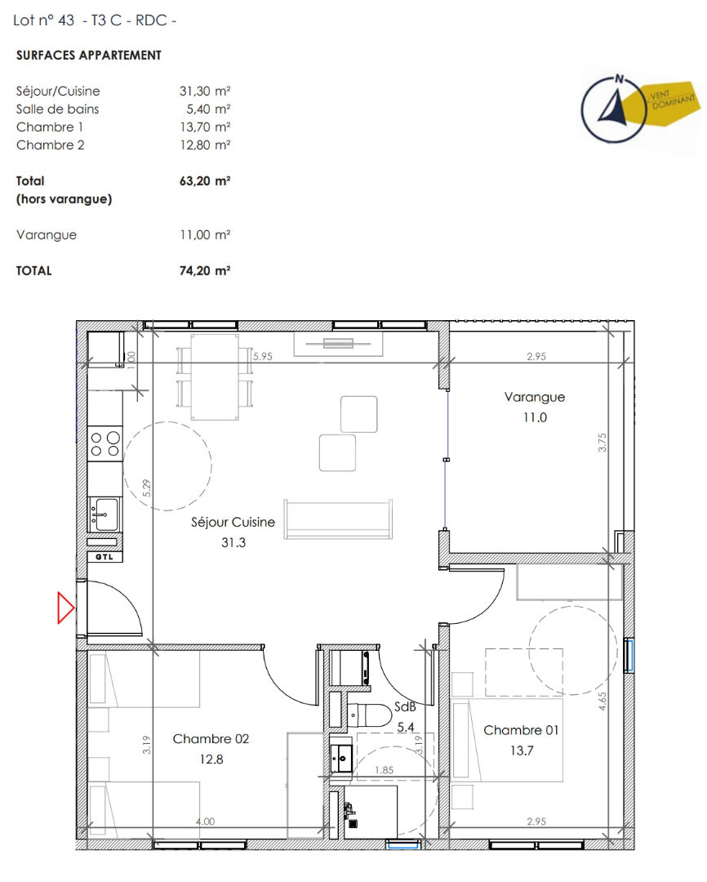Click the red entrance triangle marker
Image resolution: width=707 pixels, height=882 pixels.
click(65, 608)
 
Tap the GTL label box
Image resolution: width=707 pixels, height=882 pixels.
click(104, 557)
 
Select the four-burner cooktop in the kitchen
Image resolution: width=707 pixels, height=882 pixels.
click(105, 443)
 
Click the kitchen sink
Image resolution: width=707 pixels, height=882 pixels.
click(104, 514)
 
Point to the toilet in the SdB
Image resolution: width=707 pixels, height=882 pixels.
click(369, 715)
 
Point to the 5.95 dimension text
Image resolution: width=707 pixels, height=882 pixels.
click(263, 356)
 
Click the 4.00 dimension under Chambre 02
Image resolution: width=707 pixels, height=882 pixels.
click(205, 822)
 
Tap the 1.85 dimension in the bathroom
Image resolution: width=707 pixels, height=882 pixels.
click(385, 770)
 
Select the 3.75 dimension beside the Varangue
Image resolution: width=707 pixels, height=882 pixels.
click(603, 442)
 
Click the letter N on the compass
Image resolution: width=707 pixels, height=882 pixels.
click(620, 78)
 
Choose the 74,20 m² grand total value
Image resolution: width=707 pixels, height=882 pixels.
click(205, 270)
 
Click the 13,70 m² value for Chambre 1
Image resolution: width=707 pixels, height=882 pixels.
click(205, 127)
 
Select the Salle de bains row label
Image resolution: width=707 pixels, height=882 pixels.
click(57, 109)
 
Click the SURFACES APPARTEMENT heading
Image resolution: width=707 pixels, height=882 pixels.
click(89, 56)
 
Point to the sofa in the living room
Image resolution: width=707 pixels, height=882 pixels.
click(338, 519)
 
